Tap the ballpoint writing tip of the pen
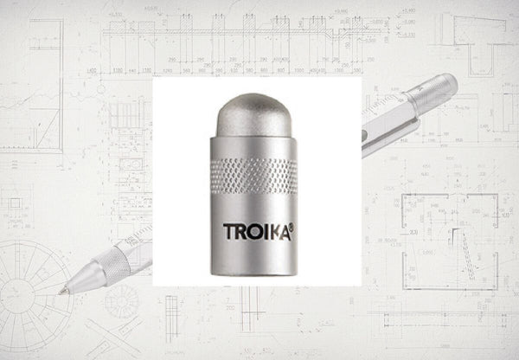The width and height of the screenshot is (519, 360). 62,292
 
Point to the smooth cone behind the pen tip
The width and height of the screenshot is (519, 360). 83,279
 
